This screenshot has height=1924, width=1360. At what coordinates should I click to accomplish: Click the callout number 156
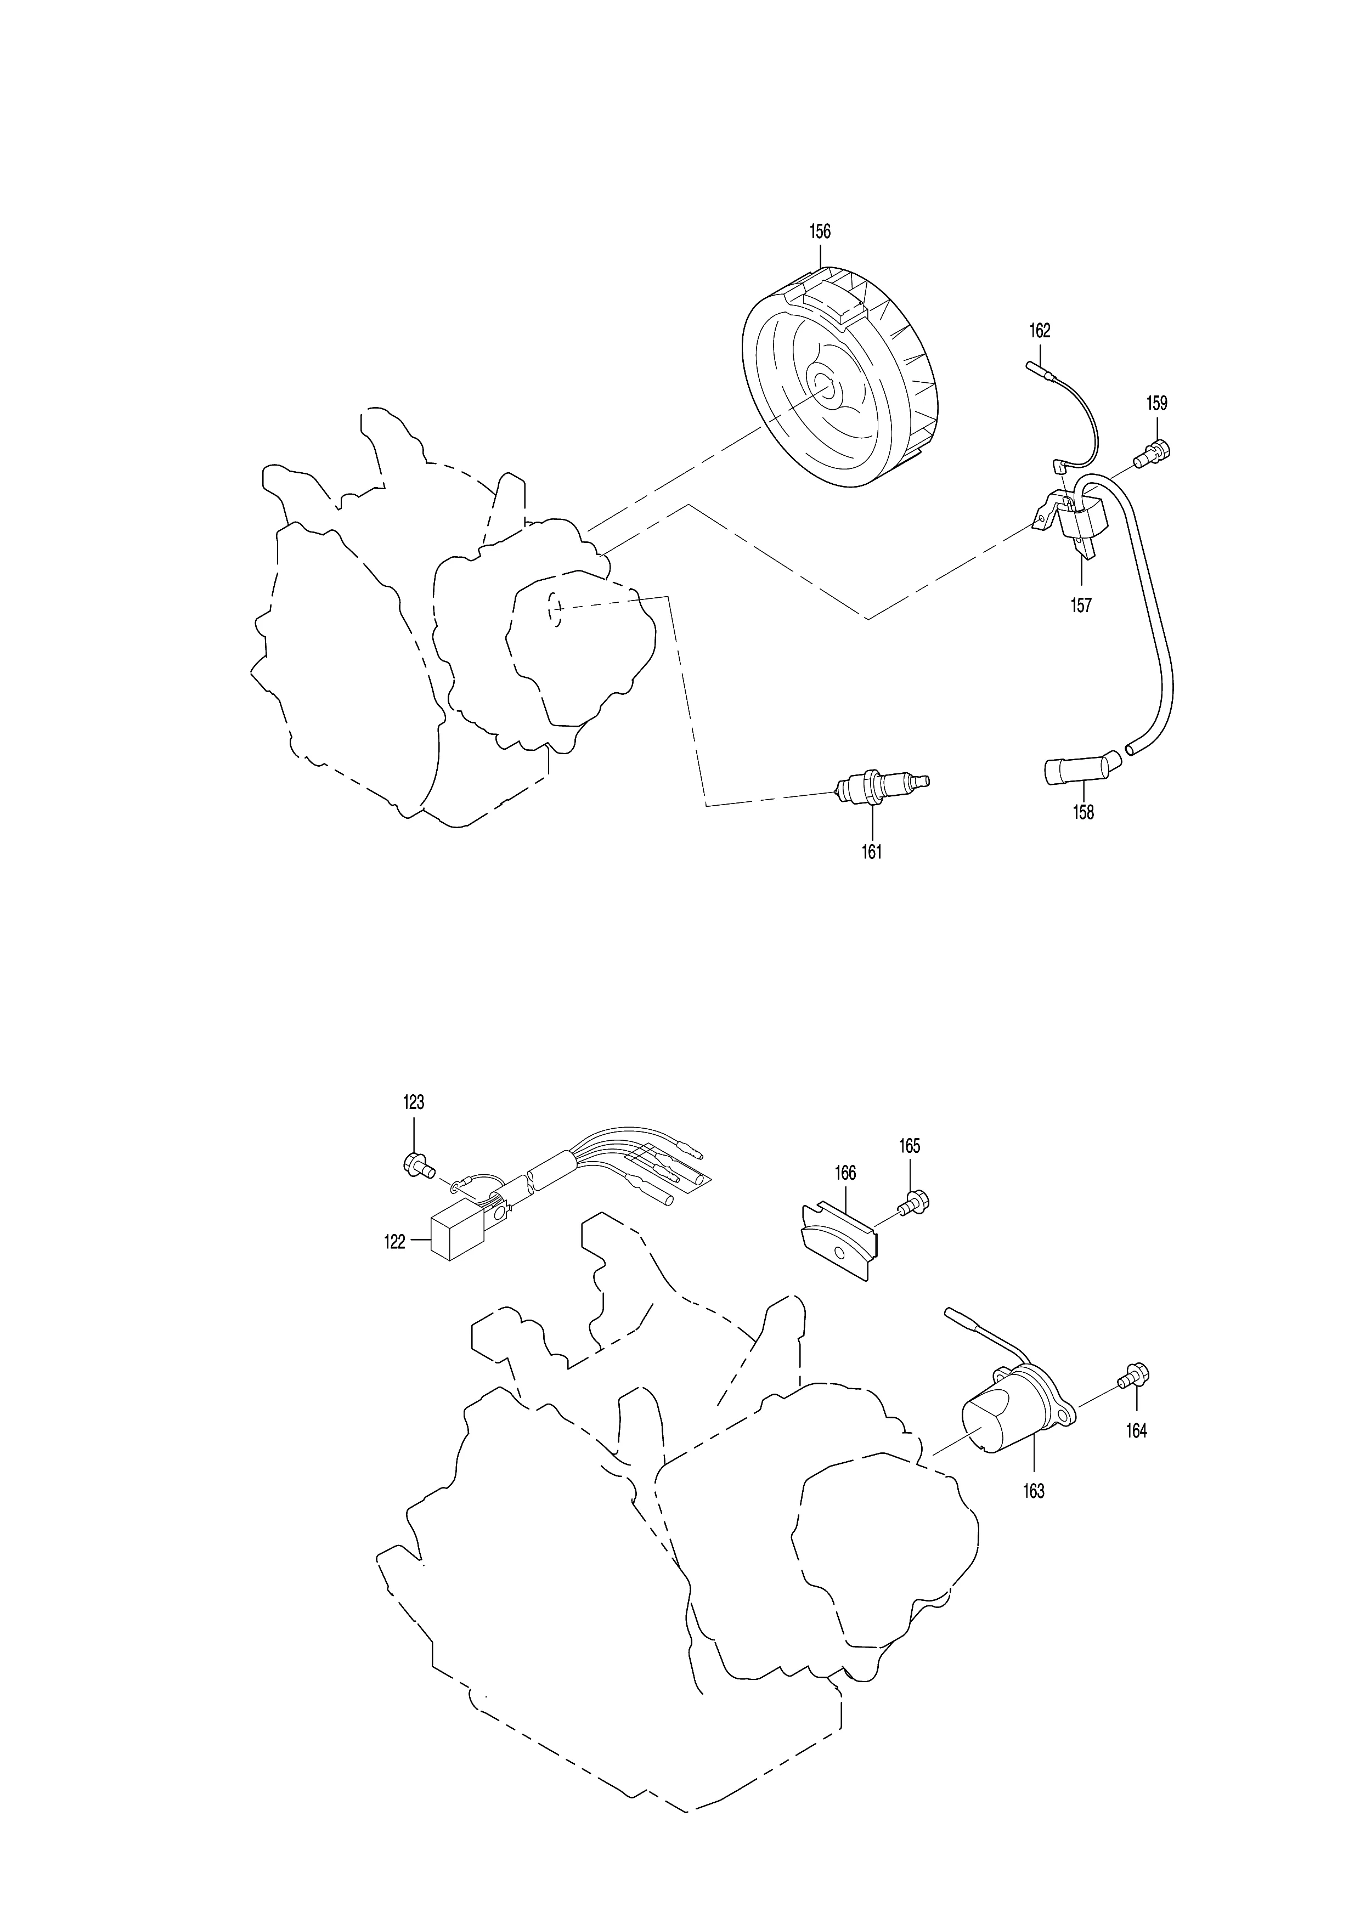[820, 231]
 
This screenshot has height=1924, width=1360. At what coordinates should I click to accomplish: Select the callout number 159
[1156, 403]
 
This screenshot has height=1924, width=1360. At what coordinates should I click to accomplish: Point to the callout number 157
[1081, 605]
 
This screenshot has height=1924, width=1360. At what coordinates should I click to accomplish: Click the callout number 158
[1084, 812]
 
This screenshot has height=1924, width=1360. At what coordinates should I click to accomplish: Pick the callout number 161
[872, 852]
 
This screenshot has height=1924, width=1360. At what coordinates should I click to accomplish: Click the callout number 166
[845, 1173]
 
